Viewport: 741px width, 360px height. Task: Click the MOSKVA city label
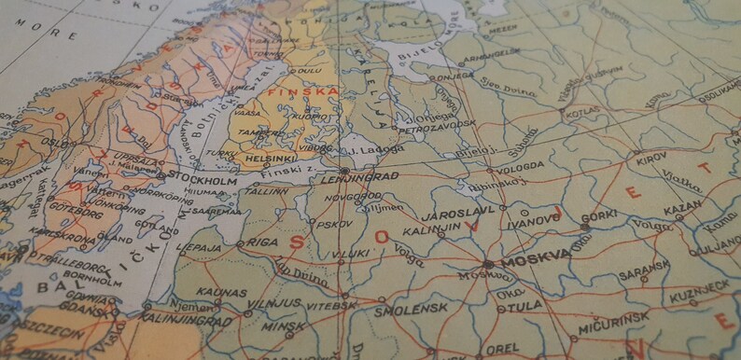click(x=536, y=260)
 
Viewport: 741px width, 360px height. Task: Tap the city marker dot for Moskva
click(x=489, y=264)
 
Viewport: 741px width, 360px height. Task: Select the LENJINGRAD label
click(x=360, y=176)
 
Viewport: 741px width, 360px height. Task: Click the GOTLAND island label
click(x=155, y=228)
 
